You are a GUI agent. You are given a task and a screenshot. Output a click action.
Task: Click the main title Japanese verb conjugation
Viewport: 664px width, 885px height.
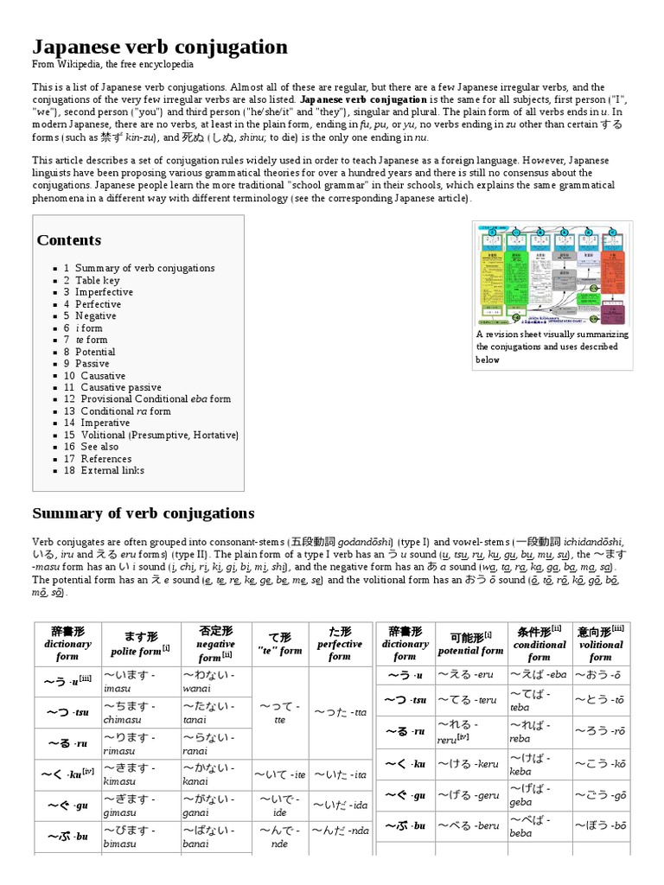pyautogui.click(x=160, y=46)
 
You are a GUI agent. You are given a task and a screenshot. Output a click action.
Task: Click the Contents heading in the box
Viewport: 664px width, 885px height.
pyautogui.click(x=69, y=240)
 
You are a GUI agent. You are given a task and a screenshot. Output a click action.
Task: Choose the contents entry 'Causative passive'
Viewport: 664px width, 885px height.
pyautogui.click(x=115, y=388)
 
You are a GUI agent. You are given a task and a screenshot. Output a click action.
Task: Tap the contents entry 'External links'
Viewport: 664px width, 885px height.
pyautogui.click(x=112, y=471)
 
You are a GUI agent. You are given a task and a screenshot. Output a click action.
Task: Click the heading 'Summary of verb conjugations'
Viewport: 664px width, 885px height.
pyautogui.click(x=144, y=513)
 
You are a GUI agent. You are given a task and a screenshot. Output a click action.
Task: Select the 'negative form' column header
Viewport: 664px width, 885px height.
pyautogui.click(x=215, y=650)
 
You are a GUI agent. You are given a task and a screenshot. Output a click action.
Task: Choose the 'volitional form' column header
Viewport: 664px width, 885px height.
pyautogui.click(x=601, y=650)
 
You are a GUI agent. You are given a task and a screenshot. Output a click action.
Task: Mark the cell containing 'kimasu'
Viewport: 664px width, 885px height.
pyautogui.click(x=141, y=774)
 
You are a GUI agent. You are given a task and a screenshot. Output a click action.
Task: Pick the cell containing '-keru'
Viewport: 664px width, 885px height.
pyautogui.click(x=470, y=764)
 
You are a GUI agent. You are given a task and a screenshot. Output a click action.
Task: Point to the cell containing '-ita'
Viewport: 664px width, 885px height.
pyautogui.click(x=339, y=774)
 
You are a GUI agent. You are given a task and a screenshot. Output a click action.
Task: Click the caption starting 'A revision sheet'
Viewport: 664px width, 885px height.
pyautogui.click(x=552, y=347)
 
